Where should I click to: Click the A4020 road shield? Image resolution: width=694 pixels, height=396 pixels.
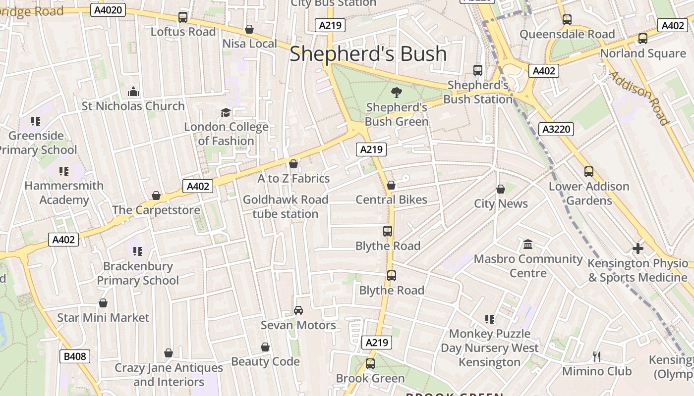[108, 9]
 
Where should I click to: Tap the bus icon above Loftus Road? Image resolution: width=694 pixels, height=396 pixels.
[183, 17]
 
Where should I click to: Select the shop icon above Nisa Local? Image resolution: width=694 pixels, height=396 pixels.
[249, 30]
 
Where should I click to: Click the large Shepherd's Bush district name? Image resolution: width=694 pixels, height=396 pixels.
[368, 53]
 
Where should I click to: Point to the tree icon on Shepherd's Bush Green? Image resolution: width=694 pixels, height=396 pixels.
[396, 92]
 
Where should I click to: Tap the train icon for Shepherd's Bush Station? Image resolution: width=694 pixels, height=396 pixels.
[478, 70]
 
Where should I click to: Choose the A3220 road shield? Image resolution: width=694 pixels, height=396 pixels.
[556, 129]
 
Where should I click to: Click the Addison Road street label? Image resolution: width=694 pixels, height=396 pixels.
[639, 98]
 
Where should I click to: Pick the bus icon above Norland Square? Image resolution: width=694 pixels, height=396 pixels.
[643, 39]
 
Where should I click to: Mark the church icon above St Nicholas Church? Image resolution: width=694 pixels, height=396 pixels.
[133, 92]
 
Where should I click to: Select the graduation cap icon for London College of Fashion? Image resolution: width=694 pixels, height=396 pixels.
[226, 112]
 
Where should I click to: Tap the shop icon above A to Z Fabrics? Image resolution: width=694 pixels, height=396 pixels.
[293, 164]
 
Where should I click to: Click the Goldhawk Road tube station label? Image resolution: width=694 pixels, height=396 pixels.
[286, 206]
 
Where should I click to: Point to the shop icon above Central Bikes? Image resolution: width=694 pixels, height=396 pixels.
[391, 186]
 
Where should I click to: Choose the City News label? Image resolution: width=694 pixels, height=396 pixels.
[501, 203]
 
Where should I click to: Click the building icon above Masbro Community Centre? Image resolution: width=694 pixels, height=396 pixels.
[528, 245]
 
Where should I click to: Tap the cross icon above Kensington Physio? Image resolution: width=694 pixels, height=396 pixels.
[638, 248]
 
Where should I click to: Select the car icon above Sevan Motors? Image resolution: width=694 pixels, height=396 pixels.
[298, 310]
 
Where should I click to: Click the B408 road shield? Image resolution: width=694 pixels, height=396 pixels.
[75, 356]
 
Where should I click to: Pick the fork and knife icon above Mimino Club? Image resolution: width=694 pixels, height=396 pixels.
[597, 356]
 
